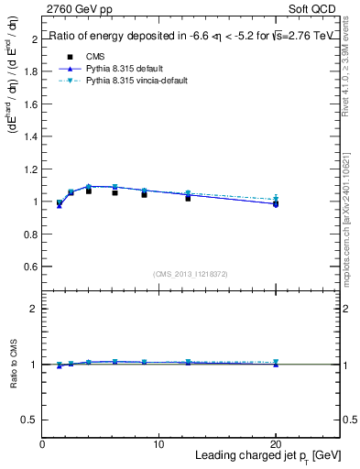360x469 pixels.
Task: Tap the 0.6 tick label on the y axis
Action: [x=31, y=266]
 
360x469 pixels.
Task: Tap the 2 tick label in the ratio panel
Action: [x=35, y=309]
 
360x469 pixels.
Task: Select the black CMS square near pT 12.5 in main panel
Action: [x=188, y=198]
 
